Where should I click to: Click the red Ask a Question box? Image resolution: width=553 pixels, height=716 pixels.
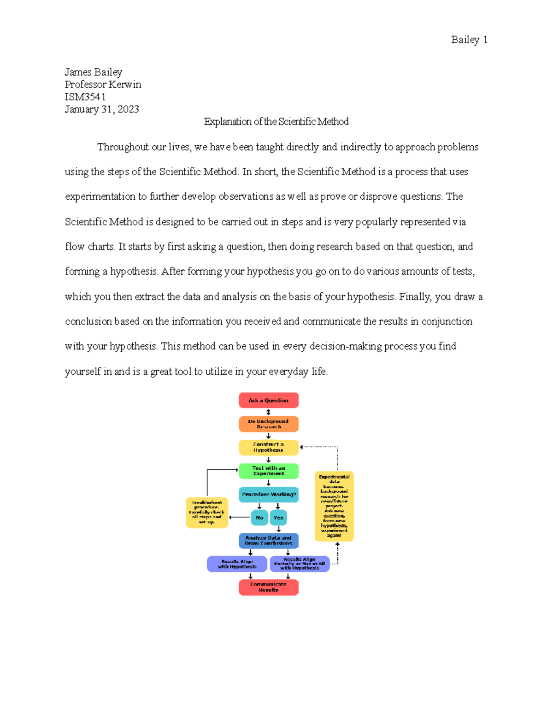click(x=268, y=400)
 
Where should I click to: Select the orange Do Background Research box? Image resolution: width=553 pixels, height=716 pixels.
click(x=268, y=424)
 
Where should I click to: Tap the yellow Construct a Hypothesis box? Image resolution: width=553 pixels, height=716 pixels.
click(x=268, y=447)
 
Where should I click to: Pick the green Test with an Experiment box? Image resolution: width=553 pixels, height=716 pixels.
click(x=268, y=471)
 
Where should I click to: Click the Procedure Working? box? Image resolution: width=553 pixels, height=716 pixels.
click(x=268, y=495)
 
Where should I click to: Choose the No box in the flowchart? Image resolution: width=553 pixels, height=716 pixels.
click(x=259, y=517)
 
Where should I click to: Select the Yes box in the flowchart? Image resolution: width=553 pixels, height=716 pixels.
click(x=278, y=517)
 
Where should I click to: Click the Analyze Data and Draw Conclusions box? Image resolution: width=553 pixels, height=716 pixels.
click(x=268, y=540)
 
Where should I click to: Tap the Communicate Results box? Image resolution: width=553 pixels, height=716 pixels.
click(x=268, y=587)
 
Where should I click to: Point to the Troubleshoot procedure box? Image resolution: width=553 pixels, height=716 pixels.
click(x=207, y=512)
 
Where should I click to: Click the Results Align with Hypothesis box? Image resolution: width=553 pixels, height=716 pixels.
click(x=237, y=564)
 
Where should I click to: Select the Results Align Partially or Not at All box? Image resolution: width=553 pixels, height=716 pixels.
click(x=300, y=564)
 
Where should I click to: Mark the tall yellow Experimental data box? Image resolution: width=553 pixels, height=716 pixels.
click(x=334, y=506)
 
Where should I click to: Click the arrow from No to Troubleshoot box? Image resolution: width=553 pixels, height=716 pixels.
click(x=240, y=517)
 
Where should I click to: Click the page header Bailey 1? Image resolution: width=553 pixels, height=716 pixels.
click(x=469, y=40)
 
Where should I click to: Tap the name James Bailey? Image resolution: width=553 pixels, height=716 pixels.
click(x=94, y=72)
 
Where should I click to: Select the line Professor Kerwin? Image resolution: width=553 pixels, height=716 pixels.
click(x=103, y=84)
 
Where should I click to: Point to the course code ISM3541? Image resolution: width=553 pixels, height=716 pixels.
click(x=85, y=97)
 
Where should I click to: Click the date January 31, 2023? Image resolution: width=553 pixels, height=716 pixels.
click(x=102, y=109)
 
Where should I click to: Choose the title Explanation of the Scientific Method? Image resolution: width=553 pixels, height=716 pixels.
click(x=276, y=122)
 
